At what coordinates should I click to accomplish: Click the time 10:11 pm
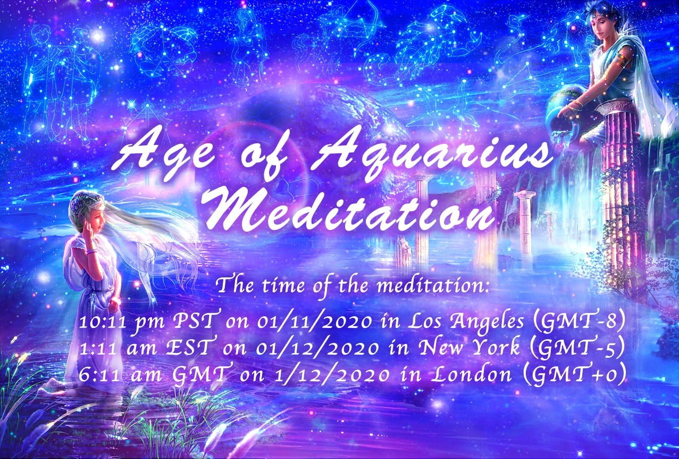pyautogui.click(x=121, y=324)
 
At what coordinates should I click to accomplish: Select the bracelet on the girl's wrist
pyautogui.click(x=91, y=251)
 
